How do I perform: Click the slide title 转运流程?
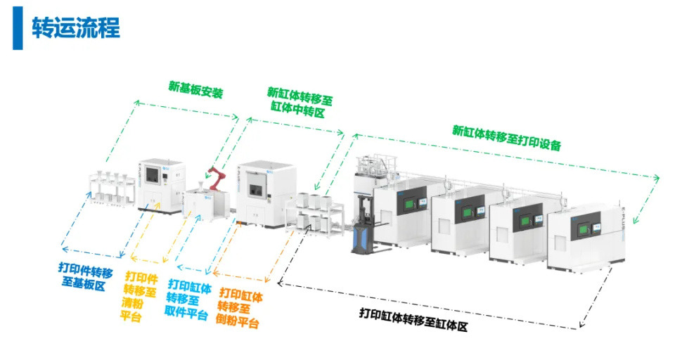(76, 28)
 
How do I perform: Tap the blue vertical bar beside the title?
(18, 28)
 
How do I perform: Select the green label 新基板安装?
(196, 89)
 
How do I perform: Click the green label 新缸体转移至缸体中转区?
(300, 102)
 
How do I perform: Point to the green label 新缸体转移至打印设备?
(507, 138)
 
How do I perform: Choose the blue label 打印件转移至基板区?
(85, 276)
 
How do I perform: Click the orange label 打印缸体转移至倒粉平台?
(239, 307)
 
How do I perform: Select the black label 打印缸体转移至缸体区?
(413, 319)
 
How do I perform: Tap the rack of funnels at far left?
(112, 188)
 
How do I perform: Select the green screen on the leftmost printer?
(407, 203)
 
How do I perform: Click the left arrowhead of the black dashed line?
(281, 283)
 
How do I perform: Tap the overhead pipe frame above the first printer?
(375, 165)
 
